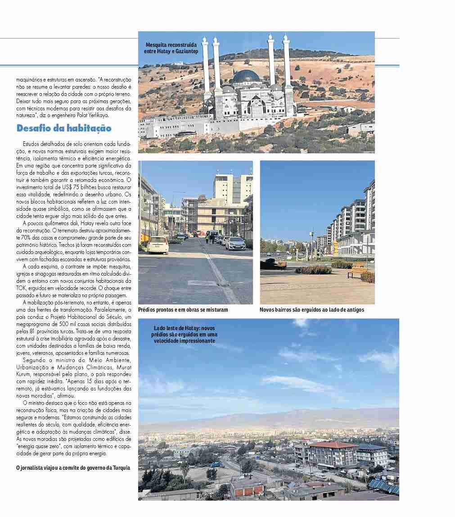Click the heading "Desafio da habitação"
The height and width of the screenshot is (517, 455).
coord(63,128)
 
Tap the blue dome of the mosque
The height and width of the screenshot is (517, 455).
coord(246,76)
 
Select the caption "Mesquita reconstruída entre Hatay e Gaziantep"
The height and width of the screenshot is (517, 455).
coord(171,48)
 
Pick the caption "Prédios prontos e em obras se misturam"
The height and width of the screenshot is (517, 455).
coord(183,310)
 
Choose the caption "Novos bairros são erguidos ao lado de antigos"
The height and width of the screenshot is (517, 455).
coord(311,310)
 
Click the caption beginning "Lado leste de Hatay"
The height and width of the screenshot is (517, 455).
coord(185,335)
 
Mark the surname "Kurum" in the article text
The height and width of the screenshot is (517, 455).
coord(24,375)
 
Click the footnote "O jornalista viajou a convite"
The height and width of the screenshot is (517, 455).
coord(73,467)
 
